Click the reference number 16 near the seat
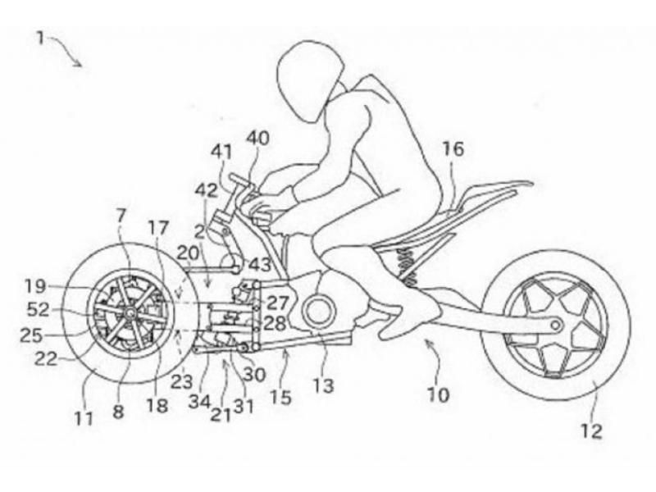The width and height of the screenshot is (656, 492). tap(453, 148)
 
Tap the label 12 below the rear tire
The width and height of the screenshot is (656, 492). tap(591, 430)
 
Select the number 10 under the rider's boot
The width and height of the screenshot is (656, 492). tap(438, 394)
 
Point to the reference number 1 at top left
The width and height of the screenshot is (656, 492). tap(40, 38)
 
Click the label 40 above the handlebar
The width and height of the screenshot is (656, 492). tap(257, 139)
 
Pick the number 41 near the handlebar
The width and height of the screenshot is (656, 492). tap(221, 152)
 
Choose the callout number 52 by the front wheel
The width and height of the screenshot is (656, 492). tap(38, 310)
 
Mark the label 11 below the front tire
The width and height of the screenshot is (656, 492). tap(84, 418)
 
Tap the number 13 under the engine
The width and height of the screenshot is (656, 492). tap(323, 385)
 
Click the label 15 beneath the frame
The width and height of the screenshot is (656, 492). tap(280, 397)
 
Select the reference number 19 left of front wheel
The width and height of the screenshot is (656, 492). tap(35, 286)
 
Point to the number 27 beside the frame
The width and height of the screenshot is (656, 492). tap(278, 302)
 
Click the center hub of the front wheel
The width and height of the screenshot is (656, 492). tap(129, 312)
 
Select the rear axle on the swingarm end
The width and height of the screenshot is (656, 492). tap(556, 325)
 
